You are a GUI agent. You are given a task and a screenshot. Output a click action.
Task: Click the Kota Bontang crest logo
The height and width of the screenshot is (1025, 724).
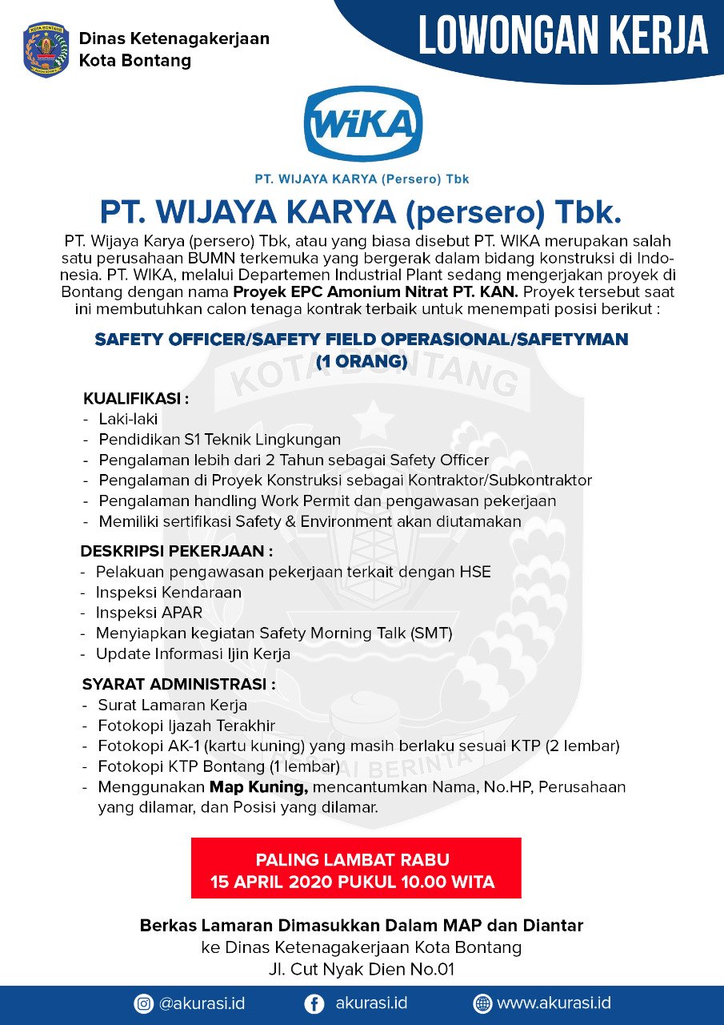[x=46, y=50]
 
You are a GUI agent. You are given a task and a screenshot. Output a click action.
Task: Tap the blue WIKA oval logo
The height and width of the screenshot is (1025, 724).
[x=362, y=124]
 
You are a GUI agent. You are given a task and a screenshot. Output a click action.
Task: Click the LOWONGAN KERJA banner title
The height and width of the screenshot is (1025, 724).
[x=563, y=36]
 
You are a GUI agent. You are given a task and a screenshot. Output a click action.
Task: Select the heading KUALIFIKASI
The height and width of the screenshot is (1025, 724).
[x=135, y=398]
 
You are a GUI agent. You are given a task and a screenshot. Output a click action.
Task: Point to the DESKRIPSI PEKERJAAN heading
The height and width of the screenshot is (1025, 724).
[x=176, y=551]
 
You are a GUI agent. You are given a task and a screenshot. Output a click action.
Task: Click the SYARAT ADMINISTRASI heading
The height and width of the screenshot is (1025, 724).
[x=178, y=685]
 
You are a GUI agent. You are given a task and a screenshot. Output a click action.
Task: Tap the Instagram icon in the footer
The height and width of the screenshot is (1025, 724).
[x=144, y=1003]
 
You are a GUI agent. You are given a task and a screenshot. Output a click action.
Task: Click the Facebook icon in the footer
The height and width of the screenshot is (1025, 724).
[x=315, y=1003]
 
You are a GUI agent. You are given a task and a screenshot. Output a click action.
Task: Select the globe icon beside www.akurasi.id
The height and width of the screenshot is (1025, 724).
[x=482, y=1003]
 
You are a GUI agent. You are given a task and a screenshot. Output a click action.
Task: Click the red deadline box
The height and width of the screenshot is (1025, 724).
[x=356, y=868]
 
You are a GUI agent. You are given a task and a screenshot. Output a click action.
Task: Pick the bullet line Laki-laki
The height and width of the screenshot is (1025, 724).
[x=128, y=419]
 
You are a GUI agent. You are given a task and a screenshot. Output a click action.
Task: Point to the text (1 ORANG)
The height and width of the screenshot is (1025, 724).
[x=362, y=361]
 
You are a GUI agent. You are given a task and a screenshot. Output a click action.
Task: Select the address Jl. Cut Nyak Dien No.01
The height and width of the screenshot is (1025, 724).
[x=362, y=970]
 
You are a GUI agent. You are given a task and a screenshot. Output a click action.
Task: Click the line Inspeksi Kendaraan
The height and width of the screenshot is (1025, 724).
[x=168, y=593]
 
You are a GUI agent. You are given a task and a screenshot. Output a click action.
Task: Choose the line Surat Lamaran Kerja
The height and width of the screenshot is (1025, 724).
[x=172, y=705]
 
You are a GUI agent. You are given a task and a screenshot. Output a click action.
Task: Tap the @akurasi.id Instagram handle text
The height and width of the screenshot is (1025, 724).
[x=202, y=1003]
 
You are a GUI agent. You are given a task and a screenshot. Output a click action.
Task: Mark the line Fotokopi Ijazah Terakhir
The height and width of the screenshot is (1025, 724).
[x=186, y=726]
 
